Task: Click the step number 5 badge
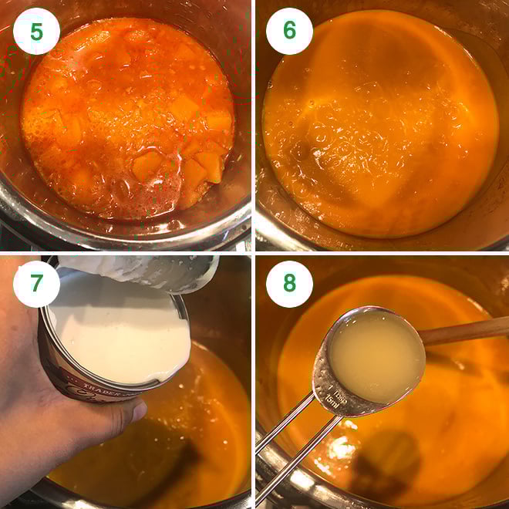[x=36, y=31]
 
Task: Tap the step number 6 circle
[x=289, y=31]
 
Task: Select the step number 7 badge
[x=36, y=283]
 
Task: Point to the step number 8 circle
[x=289, y=283]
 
